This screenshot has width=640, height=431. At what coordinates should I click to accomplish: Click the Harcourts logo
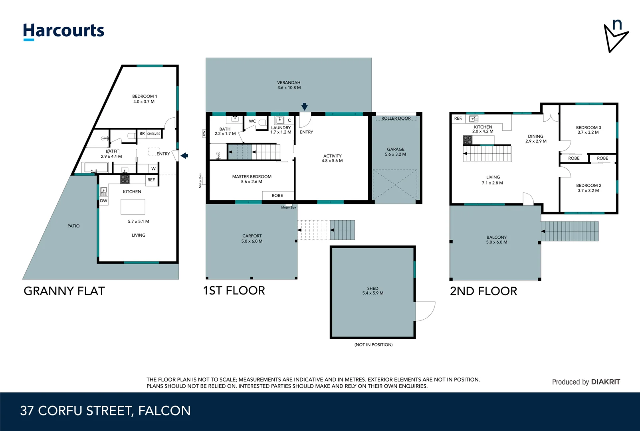click(x=63, y=32)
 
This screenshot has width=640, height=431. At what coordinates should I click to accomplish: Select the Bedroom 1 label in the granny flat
click(x=144, y=96)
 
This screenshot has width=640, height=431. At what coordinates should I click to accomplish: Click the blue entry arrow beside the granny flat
click(x=184, y=156)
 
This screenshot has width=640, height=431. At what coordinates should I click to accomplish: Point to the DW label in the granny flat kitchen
click(x=103, y=201)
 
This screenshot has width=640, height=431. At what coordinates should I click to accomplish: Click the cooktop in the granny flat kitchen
click(x=125, y=179)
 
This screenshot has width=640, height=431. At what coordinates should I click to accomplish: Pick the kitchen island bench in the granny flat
click(x=133, y=206)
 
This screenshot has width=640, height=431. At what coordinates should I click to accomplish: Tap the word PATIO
click(x=73, y=226)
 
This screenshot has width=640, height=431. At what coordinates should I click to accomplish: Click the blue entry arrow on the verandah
click(x=305, y=107)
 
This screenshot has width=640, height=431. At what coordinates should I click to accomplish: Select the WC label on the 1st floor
click(x=252, y=121)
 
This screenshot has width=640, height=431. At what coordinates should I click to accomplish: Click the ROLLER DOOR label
click(x=396, y=118)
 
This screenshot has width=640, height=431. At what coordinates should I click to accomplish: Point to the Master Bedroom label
click(x=252, y=176)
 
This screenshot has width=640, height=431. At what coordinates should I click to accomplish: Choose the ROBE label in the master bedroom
click(x=277, y=196)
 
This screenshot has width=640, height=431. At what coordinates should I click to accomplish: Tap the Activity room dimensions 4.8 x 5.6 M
click(x=332, y=161)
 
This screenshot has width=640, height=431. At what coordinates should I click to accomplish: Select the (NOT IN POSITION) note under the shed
click(x=373, y=345)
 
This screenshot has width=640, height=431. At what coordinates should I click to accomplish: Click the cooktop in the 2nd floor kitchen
click(x=468, y=140)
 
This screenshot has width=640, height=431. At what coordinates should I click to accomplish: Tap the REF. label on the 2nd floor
click(x=458, y=118)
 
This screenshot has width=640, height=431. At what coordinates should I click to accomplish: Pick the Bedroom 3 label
click(x=588, y=127)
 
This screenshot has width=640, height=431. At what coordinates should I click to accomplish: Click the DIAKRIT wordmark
click(x=605, y=382)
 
